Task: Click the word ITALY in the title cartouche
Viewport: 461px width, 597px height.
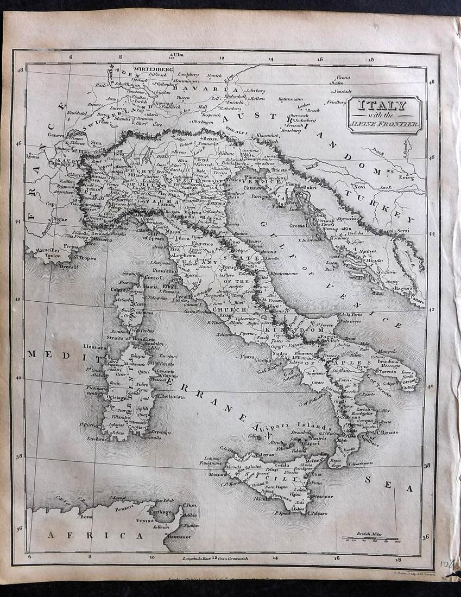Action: [384, 106]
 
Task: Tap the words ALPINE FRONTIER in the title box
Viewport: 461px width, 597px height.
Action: [384, 125]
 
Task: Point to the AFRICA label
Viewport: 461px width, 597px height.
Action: [96, 535]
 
